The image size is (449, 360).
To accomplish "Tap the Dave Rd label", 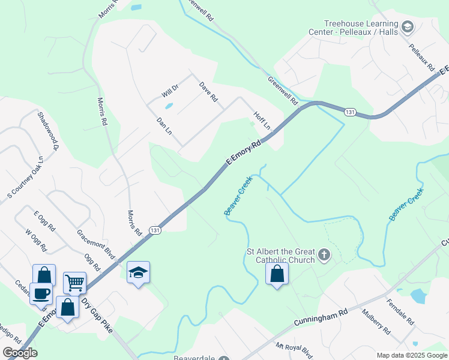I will [208, 92].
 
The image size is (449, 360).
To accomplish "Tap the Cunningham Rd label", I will [321, 318].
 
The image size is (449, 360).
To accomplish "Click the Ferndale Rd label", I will [400, 311].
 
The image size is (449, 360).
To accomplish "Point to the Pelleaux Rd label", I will [421, 54].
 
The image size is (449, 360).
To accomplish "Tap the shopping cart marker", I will [74, 282].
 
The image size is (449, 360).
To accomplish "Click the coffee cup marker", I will [41, 293].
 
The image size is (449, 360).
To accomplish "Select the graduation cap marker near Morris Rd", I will [138, 272].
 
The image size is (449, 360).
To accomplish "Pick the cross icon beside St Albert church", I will [324, 256].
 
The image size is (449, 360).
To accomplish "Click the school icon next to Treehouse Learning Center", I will [408, 26].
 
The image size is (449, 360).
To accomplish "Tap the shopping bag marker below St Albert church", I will [277, 274].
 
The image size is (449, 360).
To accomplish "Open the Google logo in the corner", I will [20, 353].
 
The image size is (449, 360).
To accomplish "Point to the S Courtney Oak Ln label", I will [25, 178].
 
